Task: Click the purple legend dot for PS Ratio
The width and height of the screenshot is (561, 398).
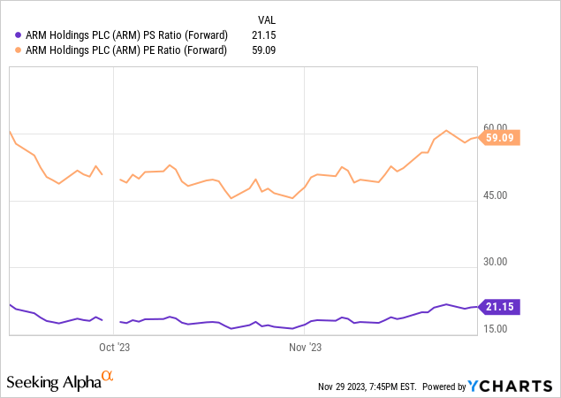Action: (x=19, y=34)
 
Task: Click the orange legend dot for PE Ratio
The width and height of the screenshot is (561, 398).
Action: (x=19, y=50)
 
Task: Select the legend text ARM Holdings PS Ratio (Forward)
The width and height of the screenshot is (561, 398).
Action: (x=127, y=34)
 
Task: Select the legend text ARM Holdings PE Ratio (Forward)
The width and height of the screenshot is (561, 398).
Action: (x=127, y=50)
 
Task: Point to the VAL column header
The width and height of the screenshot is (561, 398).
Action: (x=268, y=19)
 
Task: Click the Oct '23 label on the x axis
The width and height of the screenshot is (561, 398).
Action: (x=115, y=347)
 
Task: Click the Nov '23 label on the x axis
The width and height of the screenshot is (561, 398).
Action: (x=305, y=347)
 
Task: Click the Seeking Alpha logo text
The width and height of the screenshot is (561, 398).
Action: (x=53, y=382)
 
